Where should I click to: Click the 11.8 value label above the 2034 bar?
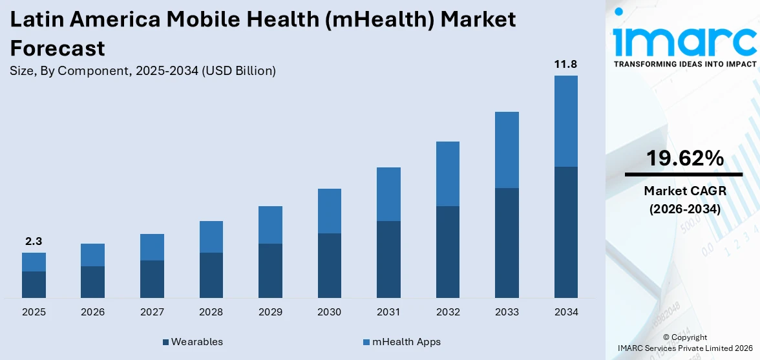565,64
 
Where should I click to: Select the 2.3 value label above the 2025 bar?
34,241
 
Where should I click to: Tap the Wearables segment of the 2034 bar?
565,232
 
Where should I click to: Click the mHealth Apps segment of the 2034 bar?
565,121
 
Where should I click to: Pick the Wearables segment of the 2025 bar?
34,284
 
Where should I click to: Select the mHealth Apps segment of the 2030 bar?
329,211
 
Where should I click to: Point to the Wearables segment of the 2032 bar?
447,252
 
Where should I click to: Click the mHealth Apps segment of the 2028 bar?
211,237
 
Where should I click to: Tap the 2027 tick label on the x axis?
152,312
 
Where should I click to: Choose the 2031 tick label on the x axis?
388,312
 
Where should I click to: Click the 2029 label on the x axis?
270,312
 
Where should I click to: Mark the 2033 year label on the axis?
507,312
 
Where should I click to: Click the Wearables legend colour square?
165,342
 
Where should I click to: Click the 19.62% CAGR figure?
685,158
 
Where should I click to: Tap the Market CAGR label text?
685,191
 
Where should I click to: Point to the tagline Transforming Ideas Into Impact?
685,64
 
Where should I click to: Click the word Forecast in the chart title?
58,48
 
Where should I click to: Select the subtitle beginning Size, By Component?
143,71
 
